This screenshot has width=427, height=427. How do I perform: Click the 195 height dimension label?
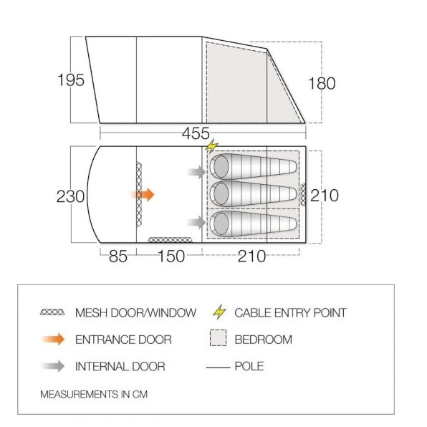click(71, 80)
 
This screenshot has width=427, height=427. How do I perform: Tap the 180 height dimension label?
click(322, 83)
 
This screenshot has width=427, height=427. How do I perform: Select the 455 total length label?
click(196, 133)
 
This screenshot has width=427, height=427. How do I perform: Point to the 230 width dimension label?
click(70, 196)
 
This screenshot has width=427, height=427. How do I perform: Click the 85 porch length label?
click(118, 256)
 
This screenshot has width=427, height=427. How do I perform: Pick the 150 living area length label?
click(171, 256)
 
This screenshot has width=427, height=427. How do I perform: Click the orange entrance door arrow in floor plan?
click(143, 194)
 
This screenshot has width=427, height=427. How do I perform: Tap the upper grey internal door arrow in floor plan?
click(196, 172)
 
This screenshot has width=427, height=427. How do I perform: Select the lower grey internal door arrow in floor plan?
click(196, 222)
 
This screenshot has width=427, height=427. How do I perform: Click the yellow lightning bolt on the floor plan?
click(212, 146)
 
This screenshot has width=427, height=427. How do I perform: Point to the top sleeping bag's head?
click(221, 167)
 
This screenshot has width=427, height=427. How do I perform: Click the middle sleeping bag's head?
click(221, 194)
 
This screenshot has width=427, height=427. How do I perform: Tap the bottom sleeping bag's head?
click(221, 224)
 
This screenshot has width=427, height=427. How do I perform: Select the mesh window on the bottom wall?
click(171, 240)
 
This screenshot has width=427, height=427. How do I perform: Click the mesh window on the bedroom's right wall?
click(303, 195)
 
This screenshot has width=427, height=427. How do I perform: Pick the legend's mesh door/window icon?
click(52, 312)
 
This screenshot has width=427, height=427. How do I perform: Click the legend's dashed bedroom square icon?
click(218, 337)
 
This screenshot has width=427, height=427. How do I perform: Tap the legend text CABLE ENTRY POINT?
click(291, 312)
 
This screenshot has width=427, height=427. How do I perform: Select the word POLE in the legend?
click(249, 366)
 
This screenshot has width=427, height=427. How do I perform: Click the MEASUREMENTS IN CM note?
click(94, 394)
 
